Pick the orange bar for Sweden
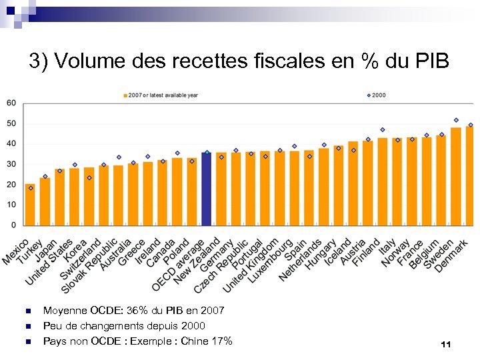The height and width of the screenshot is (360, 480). (456, 176)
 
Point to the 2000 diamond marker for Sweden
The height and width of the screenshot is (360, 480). (456, 120)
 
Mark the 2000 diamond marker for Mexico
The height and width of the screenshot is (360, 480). (30, 188)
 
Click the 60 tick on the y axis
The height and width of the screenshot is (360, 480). (11, 103)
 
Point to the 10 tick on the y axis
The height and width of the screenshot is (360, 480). (11, 205)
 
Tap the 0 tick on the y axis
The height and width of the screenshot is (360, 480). (13, 225)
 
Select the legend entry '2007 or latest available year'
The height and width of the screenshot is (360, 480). (163, 95)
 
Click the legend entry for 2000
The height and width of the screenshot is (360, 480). (377, 95)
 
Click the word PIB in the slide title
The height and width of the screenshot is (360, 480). (429, 61)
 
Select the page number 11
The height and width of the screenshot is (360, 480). (446, 344)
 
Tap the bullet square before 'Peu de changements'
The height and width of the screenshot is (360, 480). (27, 327)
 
